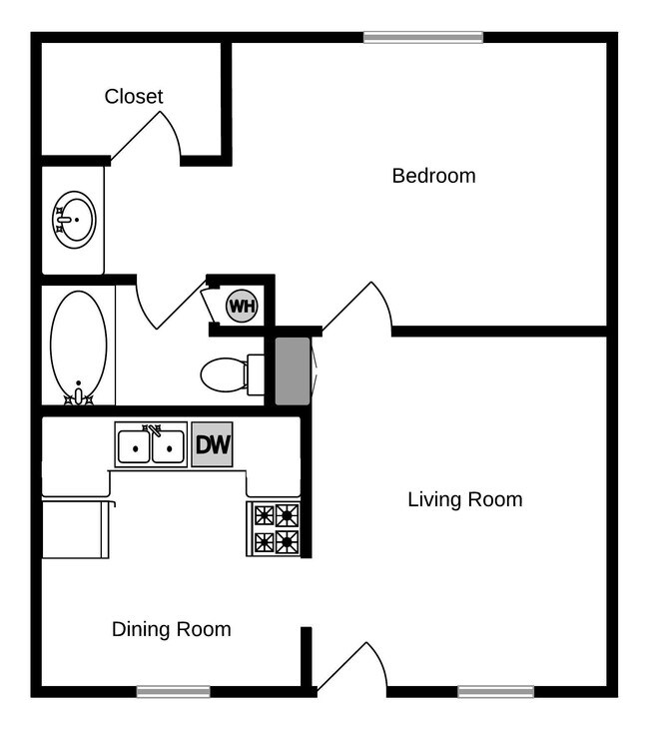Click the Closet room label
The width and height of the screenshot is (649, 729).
134,97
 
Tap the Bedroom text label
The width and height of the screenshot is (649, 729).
433,176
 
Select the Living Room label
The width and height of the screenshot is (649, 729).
464,499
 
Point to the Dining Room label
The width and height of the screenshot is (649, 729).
171,629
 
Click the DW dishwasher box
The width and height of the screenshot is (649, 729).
212,445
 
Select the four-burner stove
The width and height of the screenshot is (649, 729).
275,528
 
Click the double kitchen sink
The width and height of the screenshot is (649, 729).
151,445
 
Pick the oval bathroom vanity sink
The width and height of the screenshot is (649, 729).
75,219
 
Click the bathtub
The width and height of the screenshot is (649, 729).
78,346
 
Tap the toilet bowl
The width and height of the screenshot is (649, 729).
225,375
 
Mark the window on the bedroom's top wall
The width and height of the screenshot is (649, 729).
423,38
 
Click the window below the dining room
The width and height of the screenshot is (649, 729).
173,691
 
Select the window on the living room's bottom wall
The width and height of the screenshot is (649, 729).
495,691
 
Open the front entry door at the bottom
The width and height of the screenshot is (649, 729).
351,667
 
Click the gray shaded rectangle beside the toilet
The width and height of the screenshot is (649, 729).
293,371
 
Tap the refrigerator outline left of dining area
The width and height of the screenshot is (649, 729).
76,529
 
